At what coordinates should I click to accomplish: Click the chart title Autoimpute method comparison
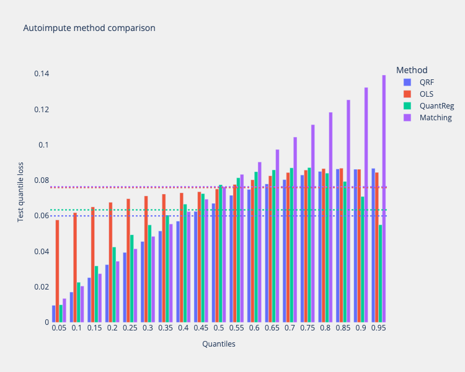pyautogui.click(x=89, y=28)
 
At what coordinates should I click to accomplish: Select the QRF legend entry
pyautogui.click(x=426, y=82)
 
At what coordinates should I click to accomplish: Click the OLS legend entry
pyautogui.click(x=426, y=94)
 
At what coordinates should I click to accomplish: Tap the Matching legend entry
pyautogui.click(x=435, y=117)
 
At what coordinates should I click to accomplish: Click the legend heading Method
pyautogui.click(x=412, y=69)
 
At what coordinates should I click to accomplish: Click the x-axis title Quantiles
pyautogui.click(x=218, y=344)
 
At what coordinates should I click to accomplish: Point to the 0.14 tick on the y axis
pyautogui.click(x=42, y=74)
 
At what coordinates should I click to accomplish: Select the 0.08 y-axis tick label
pyautogui.click(x=42, y=180)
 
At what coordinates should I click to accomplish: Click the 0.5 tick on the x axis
pyautogui.click(x=218, y=327)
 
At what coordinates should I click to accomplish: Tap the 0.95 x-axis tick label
pyautogui.click(x=378, y=327)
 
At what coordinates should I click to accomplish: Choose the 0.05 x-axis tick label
pyautogui.click(x=59, y=327)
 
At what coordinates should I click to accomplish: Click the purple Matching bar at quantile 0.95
pyautogui.click(x=384, y=198)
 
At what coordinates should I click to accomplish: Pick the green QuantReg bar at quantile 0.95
pyautogui.click(x=380, y=273)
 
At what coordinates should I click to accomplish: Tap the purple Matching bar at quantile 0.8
pyautogui.click(x=330, y=217)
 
